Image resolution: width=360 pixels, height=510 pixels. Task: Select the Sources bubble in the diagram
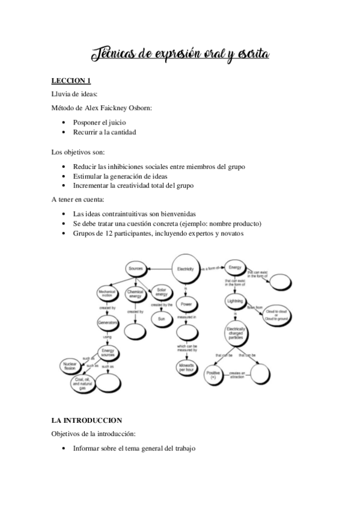click(137, 269)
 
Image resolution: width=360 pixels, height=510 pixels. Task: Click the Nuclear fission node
click(70, 365)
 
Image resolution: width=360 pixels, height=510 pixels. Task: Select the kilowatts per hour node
click(186, 367)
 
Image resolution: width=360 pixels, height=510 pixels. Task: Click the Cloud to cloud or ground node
click(276, 315)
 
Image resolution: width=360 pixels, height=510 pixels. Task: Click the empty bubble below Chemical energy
click(135, 331)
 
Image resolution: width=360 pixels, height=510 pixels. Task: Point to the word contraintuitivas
click(130, 213)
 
